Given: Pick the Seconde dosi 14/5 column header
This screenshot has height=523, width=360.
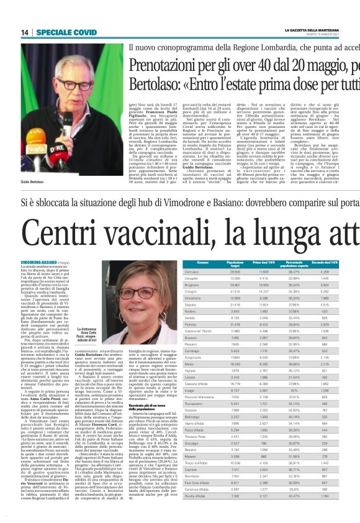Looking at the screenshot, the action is [332, 264].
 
